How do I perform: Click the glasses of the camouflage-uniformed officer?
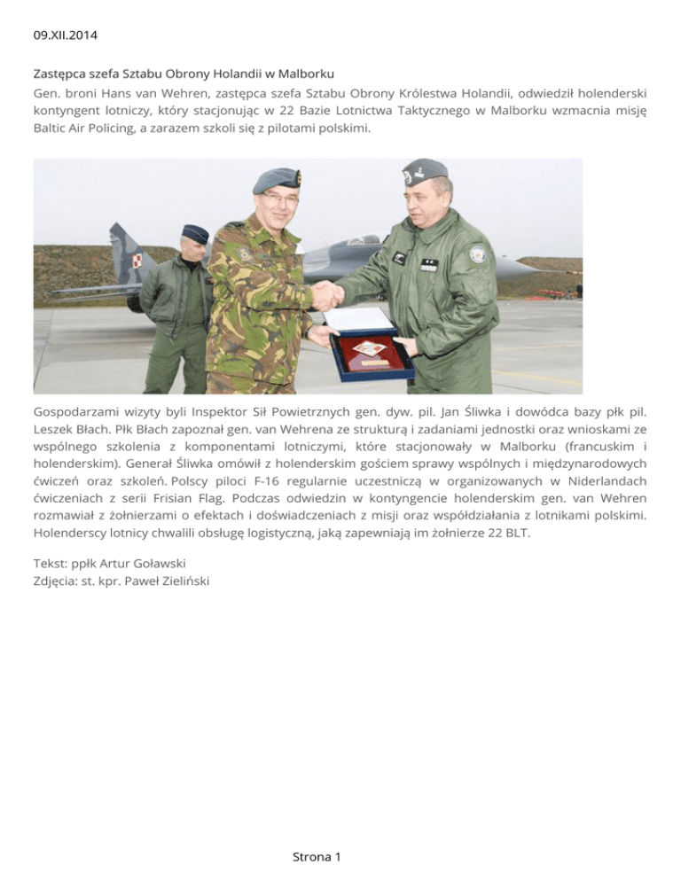(278, 198)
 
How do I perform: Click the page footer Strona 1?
(317, 856)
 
